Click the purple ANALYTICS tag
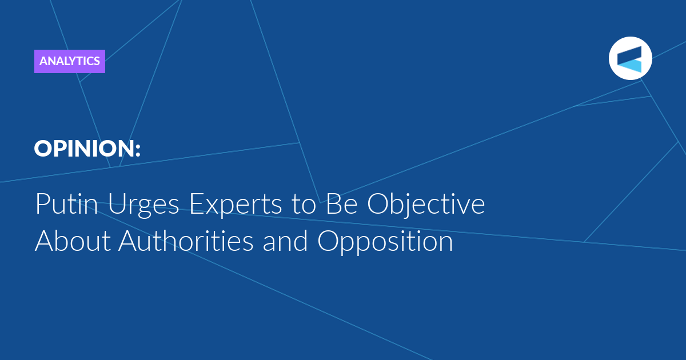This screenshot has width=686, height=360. click(x=70, y=61)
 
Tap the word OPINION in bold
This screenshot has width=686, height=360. click(x=84, y=149)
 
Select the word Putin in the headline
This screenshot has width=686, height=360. click(x=67, y=203)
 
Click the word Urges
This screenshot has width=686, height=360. click(x=143, y=205)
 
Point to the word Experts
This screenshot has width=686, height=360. click(x=236, y=205)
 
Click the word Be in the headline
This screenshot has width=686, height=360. click(x=341, y=203)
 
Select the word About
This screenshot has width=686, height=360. click(x=73, y=241)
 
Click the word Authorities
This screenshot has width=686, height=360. click(x=186, y=241)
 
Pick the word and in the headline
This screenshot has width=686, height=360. click(x=285, y=241)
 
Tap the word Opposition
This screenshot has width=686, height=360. click(x=385, y=242)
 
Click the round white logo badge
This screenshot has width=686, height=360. click(x=630, y=58)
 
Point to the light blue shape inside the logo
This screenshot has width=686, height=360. click(x=632, y=66)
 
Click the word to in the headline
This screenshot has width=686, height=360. click(x=304, y=205)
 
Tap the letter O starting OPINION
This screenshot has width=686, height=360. click(x=43, y=149)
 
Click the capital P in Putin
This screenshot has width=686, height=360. click(x=42, y=203)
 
